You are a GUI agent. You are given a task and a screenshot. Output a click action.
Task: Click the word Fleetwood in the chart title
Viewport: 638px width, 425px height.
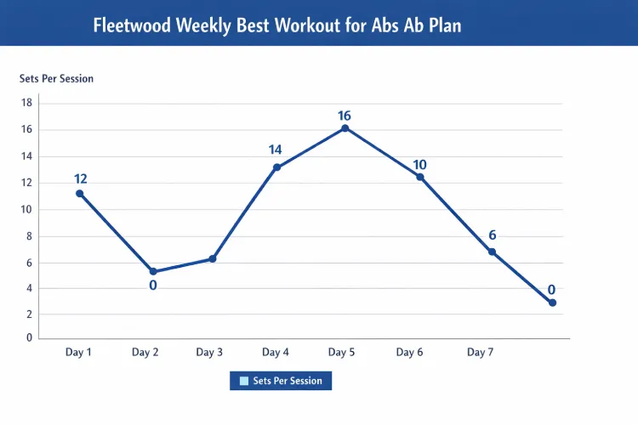tap(130, 25)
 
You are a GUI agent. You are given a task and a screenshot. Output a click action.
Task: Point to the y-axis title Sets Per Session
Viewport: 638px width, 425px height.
tap(56, 78)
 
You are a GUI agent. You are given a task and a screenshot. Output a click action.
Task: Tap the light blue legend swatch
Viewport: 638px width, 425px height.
tap(244, 381)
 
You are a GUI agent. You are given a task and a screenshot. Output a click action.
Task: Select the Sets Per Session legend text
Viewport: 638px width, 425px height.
tap(288, 381)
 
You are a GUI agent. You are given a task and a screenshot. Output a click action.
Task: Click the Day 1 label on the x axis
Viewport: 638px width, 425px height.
tap(78, 352)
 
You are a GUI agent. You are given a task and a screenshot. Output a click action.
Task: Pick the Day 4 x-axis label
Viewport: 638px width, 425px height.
tap(276, 352)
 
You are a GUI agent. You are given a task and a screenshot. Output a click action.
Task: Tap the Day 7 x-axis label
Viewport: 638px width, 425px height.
tap(480, 352)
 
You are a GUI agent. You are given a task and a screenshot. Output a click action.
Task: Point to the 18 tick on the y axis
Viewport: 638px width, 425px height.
tap(26, 103)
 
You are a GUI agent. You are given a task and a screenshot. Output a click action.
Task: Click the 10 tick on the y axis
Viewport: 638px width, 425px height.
tap(26, 209)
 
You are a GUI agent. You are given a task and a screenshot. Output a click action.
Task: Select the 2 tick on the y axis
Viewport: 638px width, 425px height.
tap(29, 314)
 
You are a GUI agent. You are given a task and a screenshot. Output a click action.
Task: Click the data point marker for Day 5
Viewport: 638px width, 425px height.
tap(345, 128)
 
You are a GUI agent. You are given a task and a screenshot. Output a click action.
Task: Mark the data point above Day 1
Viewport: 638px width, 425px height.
tap(80, 194)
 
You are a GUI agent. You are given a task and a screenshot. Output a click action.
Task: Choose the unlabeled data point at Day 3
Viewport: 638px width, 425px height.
tap(213, 258)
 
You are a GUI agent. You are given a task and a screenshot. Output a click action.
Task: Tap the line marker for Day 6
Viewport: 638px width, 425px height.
tap(419, 177)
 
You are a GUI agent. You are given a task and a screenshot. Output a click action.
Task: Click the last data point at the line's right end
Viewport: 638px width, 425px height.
tap(552, 303)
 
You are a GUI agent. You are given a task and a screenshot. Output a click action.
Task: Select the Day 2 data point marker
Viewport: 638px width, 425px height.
tap(153, 272)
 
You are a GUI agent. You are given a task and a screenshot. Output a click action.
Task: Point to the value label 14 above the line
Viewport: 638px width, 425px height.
tap(276, 150)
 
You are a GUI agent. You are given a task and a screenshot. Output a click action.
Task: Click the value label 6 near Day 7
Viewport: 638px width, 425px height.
tap(492, 235)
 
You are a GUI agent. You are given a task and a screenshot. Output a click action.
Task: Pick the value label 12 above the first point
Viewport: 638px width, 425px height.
tap(81, 178)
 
